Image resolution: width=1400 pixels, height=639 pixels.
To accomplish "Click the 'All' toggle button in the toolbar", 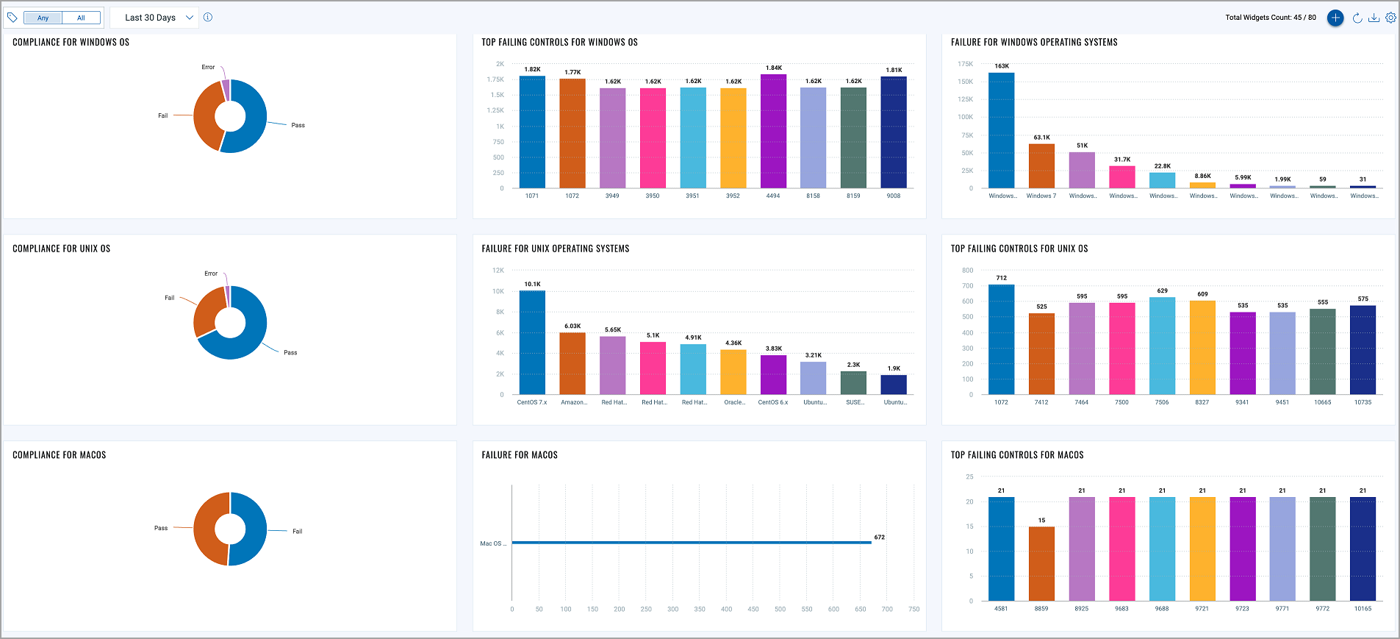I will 81,18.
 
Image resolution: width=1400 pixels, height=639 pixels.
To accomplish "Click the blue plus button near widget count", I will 1335,18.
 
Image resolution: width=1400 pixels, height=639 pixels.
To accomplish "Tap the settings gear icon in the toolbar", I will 1390,18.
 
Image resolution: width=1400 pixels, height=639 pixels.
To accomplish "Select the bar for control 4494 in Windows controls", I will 773,132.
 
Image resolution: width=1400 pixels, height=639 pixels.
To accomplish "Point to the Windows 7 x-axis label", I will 1041,196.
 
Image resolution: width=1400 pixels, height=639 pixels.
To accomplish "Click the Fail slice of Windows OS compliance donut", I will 205,118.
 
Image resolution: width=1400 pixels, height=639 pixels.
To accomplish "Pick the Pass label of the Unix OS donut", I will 290,352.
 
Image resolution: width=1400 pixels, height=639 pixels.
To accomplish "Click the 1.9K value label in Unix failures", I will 894,368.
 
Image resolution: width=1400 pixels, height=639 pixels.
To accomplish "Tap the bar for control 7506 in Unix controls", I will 1162,346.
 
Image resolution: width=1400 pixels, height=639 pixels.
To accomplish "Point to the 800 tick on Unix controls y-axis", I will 967,271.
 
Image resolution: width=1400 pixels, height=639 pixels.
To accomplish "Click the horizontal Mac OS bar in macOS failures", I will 691,543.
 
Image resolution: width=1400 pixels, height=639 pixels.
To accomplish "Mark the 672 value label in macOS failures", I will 879,537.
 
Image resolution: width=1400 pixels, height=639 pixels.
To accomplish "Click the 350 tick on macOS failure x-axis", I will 700,609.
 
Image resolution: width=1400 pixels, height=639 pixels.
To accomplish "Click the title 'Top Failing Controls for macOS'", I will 1016,455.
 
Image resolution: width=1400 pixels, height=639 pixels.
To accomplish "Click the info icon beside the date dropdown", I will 208,18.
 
